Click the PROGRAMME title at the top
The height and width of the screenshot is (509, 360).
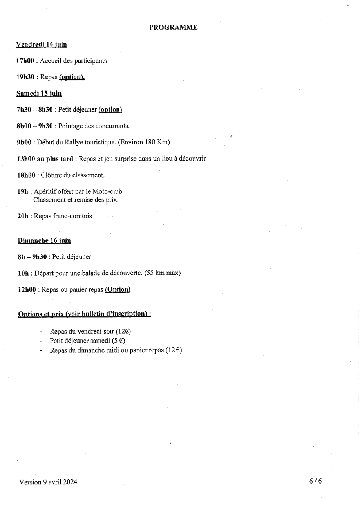(x=173, y=27)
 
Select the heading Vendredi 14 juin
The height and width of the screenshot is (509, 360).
(x=41, y=45)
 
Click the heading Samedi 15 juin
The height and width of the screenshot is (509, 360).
(x=39, y=94)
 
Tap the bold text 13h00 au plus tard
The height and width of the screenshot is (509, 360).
(x=45, y=159)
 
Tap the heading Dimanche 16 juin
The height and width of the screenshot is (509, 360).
(x=44, y=240)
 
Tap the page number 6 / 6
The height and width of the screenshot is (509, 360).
(x=315, y=481)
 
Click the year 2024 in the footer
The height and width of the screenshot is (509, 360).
(x=70, y=482)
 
